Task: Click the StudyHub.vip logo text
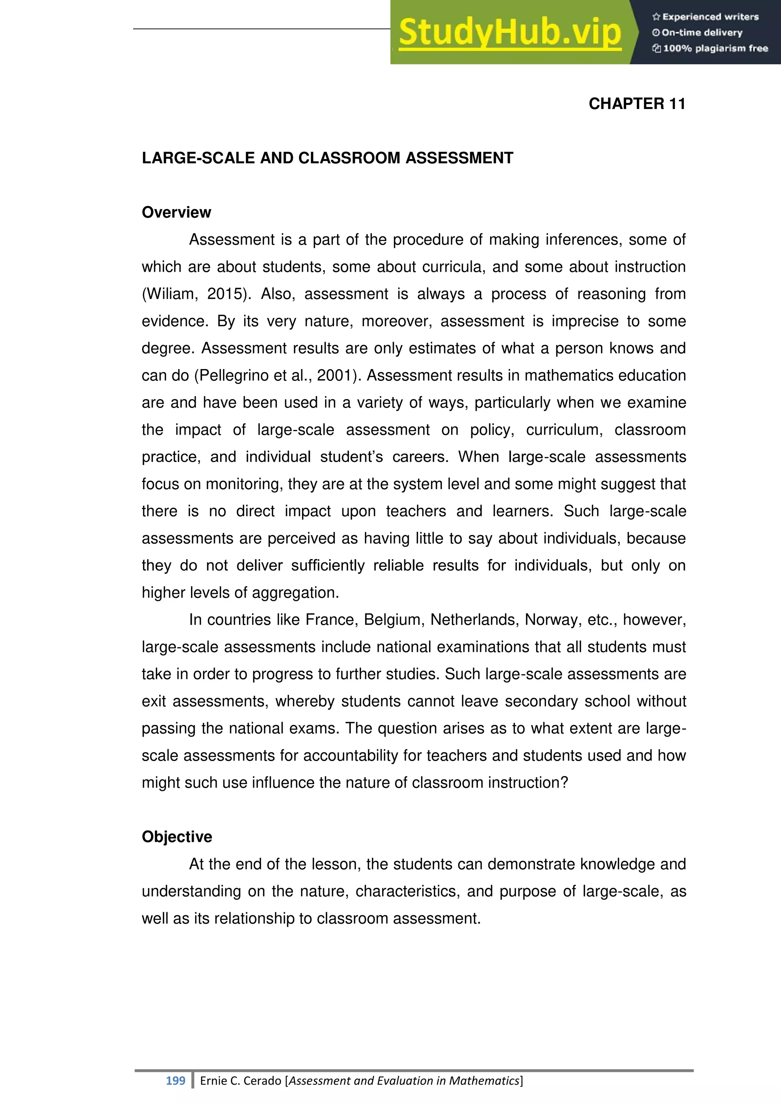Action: click(x=510, y=33)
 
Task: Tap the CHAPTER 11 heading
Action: click(x=637, y=104)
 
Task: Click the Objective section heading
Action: click(x=177, y=837)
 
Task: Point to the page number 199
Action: click(x=175, y=1081)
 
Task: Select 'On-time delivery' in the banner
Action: click(x=702, y=33)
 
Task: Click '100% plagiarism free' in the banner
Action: click(x=715, y=48)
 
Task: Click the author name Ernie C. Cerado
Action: click(x=241, y=1081)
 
